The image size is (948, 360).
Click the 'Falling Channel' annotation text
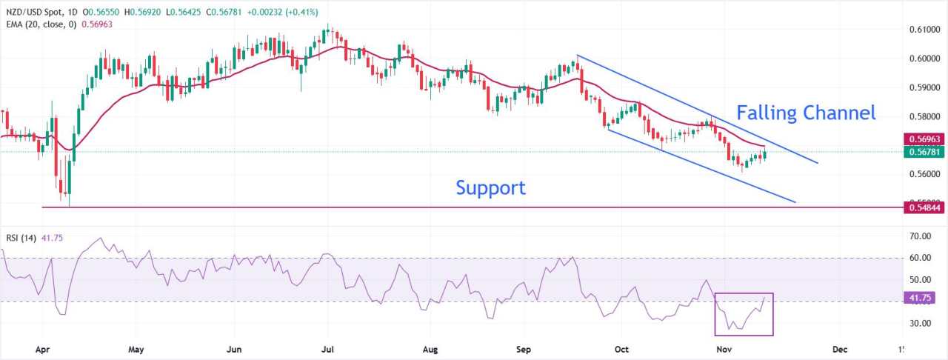click(806, 113)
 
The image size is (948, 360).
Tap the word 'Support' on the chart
click(490, 187)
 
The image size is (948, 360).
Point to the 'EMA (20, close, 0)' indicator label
click(44, 24)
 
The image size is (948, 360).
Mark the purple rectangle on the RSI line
click(744, 313)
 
